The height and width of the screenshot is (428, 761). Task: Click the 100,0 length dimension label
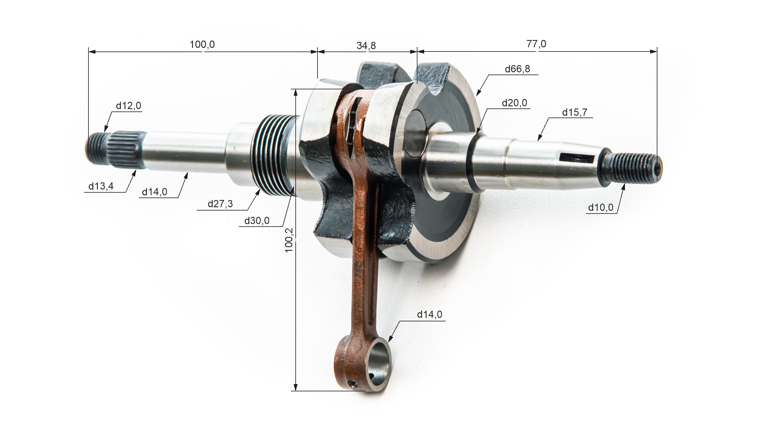[202, 45]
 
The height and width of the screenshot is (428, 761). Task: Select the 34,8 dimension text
[366, 45]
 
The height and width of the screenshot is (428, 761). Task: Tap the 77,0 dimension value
[536, 44]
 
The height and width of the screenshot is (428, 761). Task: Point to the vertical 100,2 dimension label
[289, 240]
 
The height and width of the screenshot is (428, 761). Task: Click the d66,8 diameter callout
[517, 69]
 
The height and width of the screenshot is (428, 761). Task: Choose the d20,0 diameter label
[514, 103]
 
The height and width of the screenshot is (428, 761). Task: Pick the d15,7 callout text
[575, 112]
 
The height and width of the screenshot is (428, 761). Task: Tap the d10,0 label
[601, 207]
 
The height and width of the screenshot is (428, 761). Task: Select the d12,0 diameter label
[128, 106]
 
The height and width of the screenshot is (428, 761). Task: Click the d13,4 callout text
[101, 186]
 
